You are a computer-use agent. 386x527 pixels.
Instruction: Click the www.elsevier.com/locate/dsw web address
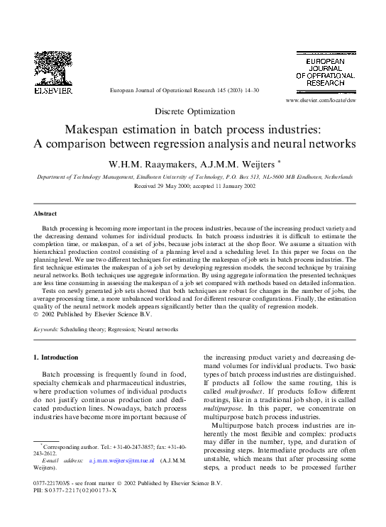(x=320, y=101)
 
